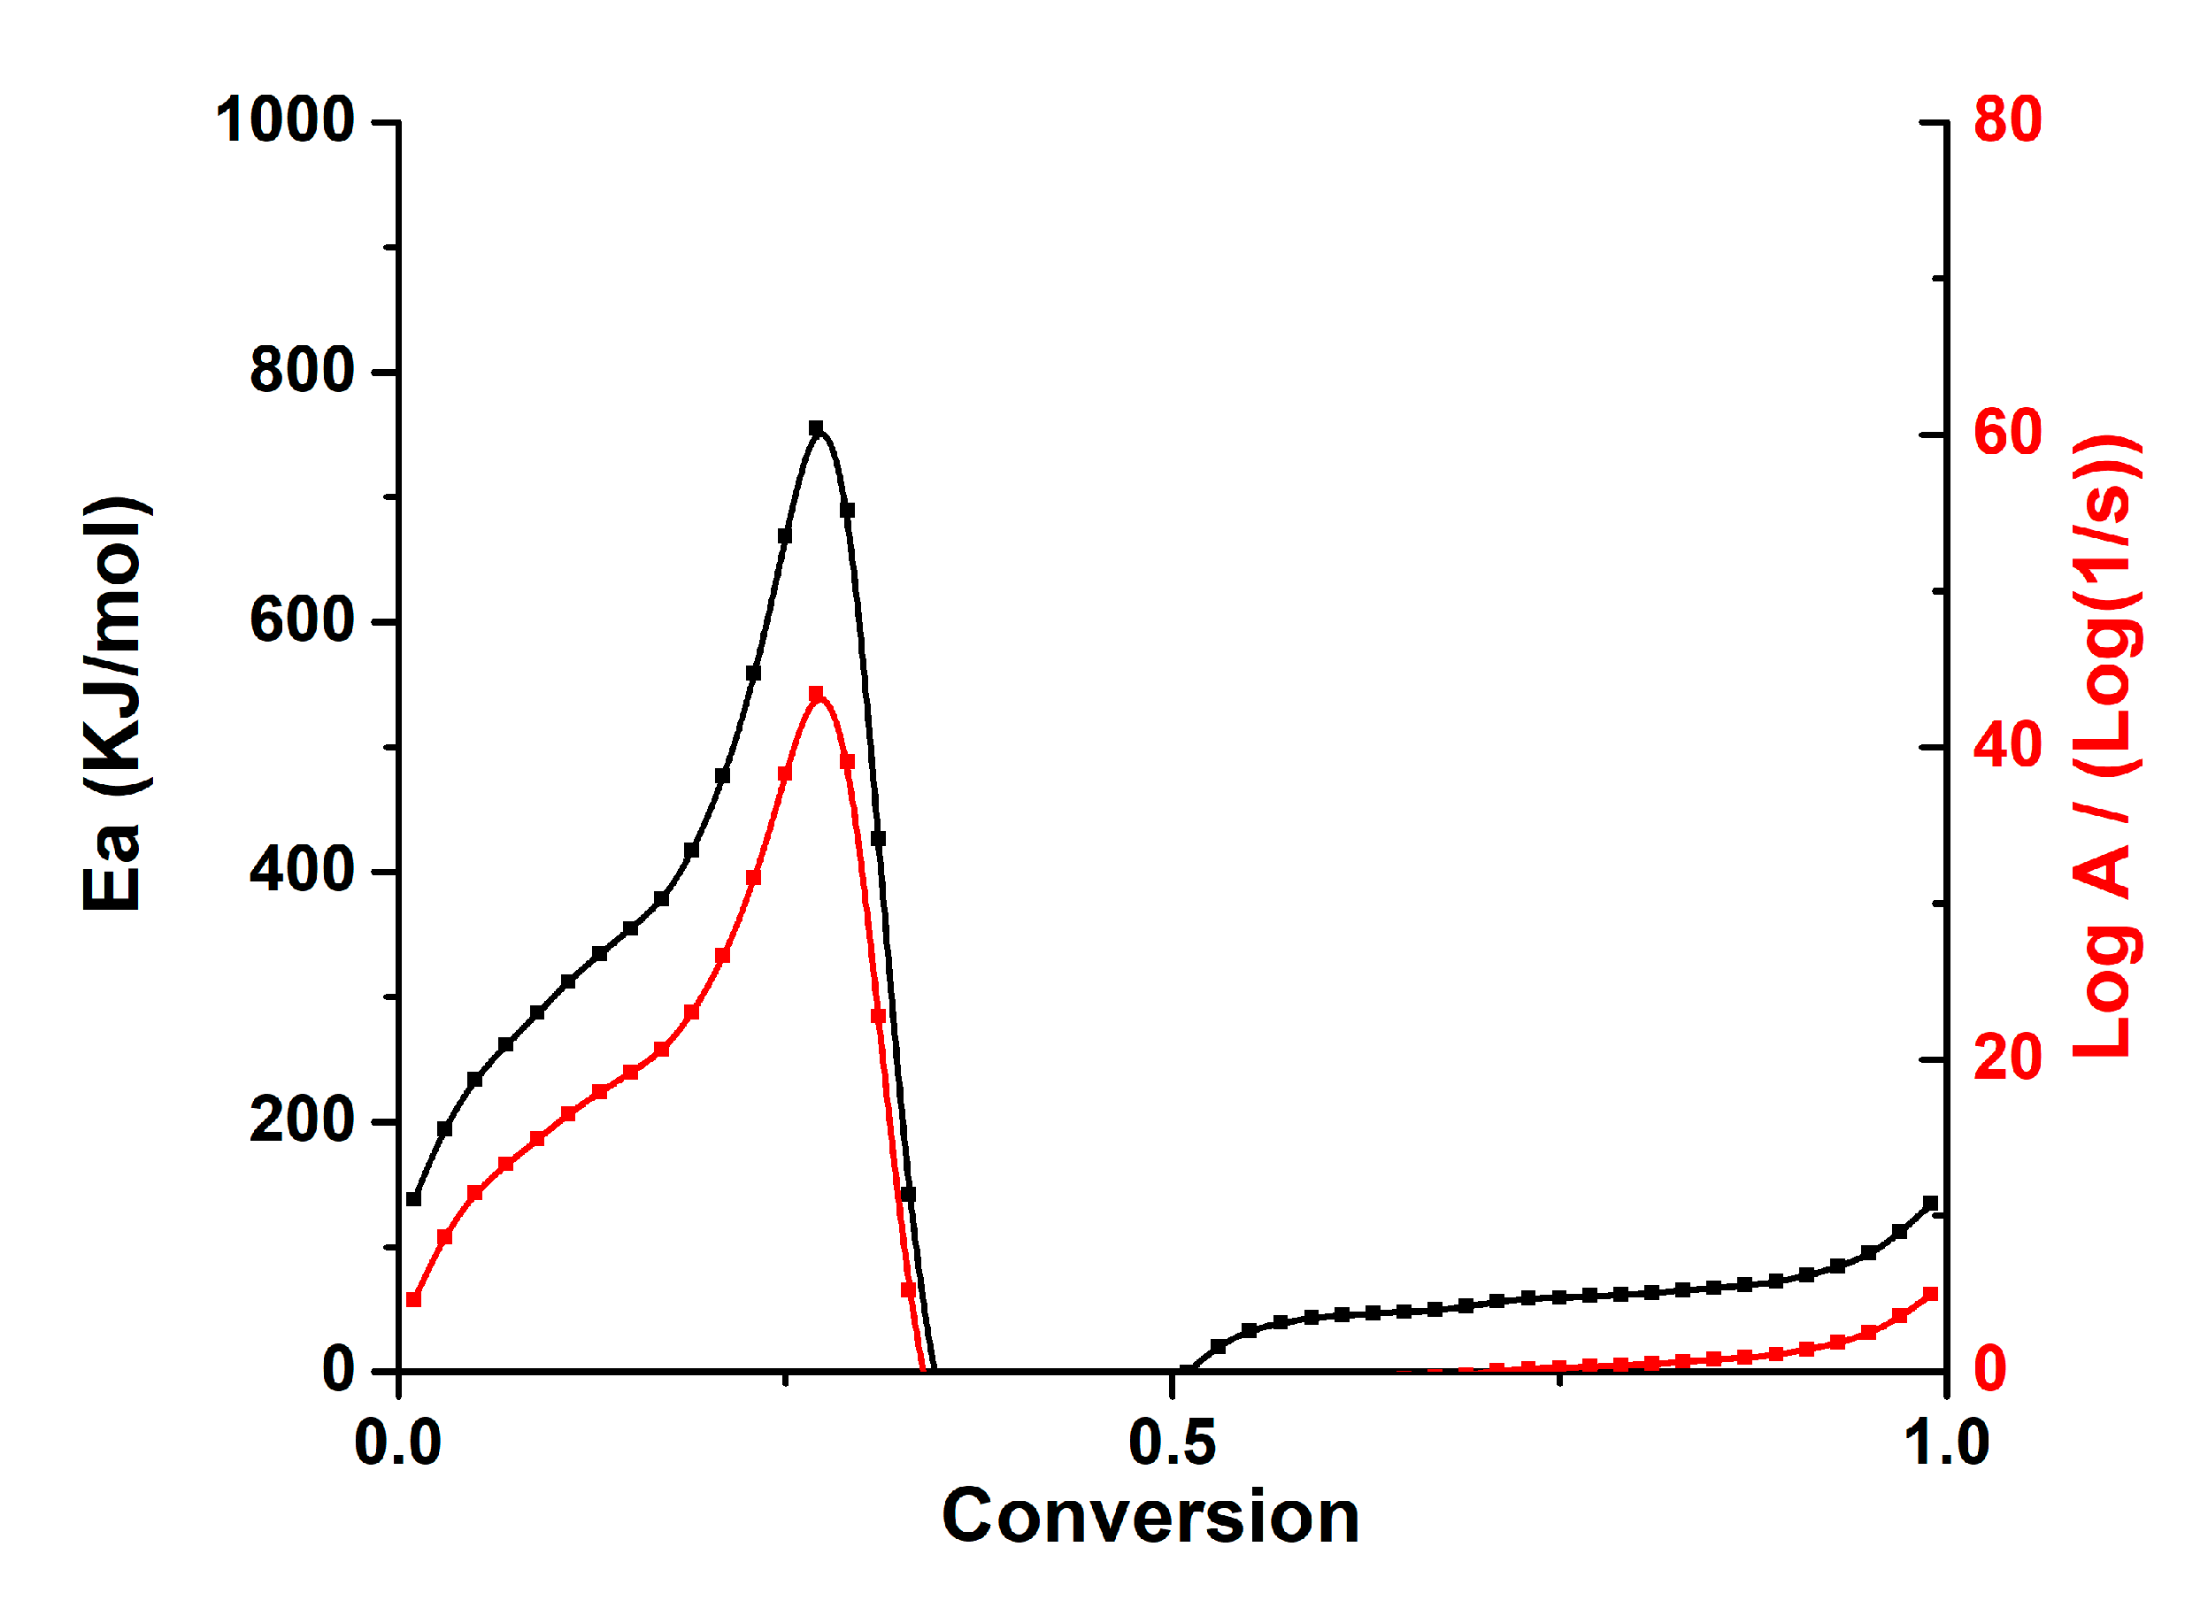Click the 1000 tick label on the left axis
pyautogui.click(x=284, y=121)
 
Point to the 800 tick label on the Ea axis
pyautogui.click(x=301, y=371)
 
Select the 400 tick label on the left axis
pyautogui.click(x=301, y=870)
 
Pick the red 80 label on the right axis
pyautogui.click(x=2006, y=120)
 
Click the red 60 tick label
pyautogui.click(x=2006, y=433)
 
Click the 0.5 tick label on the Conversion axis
pyautogui.click(x=1171, y=1443)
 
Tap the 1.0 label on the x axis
pyautogui.click(x=1945, y=1443)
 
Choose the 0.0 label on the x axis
pyautogui.click(x=397, y=1443)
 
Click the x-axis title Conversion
pyautogui.click(x=1150, y=1518)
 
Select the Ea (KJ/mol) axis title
pyautogui.click(x=113, y=704)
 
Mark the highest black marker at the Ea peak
pyautogui.click(x=816, y=428)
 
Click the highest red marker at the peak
pyautogui.click(x=816, y=694)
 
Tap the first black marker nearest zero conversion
pyautogui.click(x=414, y=1198)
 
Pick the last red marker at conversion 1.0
pyautogui.click(x=1930, y=1294)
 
